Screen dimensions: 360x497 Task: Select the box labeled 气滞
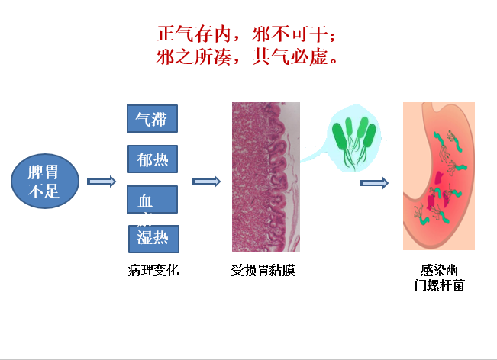pyautogui.click(x=152, y=118)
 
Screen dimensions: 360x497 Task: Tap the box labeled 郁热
pyautogui.click(x=153, y=159)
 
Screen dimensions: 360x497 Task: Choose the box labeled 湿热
pyautogui.click(x=153, y=239)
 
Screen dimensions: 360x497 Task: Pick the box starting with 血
pyautogui.click(x=152, y=200)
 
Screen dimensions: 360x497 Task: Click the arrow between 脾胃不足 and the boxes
pyautogui.click(x=101, y=182)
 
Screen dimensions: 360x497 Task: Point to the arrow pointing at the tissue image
pyautogui.click(x=205, y=182)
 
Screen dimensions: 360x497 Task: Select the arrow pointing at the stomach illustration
pyautogui.click(x=374, y=183)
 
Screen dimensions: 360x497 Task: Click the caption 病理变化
pyautogui.click(x=153, y=270)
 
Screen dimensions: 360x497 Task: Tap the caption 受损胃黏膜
pyautogui.click(x=263, y=270)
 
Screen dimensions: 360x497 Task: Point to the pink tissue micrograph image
pyautogui.click(x=260, y=177)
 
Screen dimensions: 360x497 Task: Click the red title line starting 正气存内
pyautogui.click(x=246, y=34)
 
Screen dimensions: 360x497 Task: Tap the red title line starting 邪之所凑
pyautogui.click(x=246, y=56)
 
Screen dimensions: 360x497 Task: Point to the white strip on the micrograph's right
pyautogui.click(x=294, y=177)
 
